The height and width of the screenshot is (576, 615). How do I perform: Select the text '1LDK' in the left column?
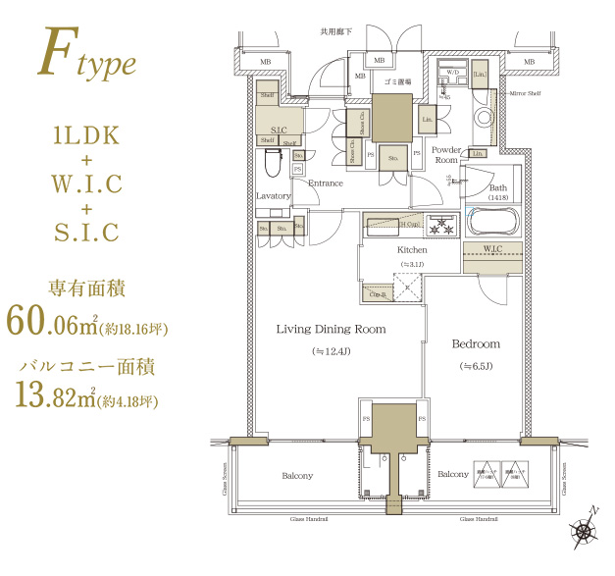pyautogui.click(x=87, y=135)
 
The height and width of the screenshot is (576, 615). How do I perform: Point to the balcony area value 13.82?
pyautogui.click(x=50, y=396)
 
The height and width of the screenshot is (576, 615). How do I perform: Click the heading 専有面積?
pyautogui.click(x=87, y=288)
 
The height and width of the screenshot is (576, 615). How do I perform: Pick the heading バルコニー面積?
pyautogui.click(x=87, y=366)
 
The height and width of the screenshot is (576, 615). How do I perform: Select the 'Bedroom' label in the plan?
pyautogui.click(x=476, y=344)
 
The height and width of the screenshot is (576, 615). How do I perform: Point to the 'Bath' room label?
pyautogui.click(x=498, y=187)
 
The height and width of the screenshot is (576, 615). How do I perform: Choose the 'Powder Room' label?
pyautogui.click(x=447, y=154)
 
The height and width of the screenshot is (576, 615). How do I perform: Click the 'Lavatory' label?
pyautogui.click(x=274, y=196)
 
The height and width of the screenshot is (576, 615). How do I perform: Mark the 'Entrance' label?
pyautogui.click(x=326, y=183)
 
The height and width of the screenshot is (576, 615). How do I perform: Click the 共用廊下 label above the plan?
pyautogui.click(x=334, y=32)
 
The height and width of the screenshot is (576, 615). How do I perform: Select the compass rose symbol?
pyautogui.click(x=586, y=530)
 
